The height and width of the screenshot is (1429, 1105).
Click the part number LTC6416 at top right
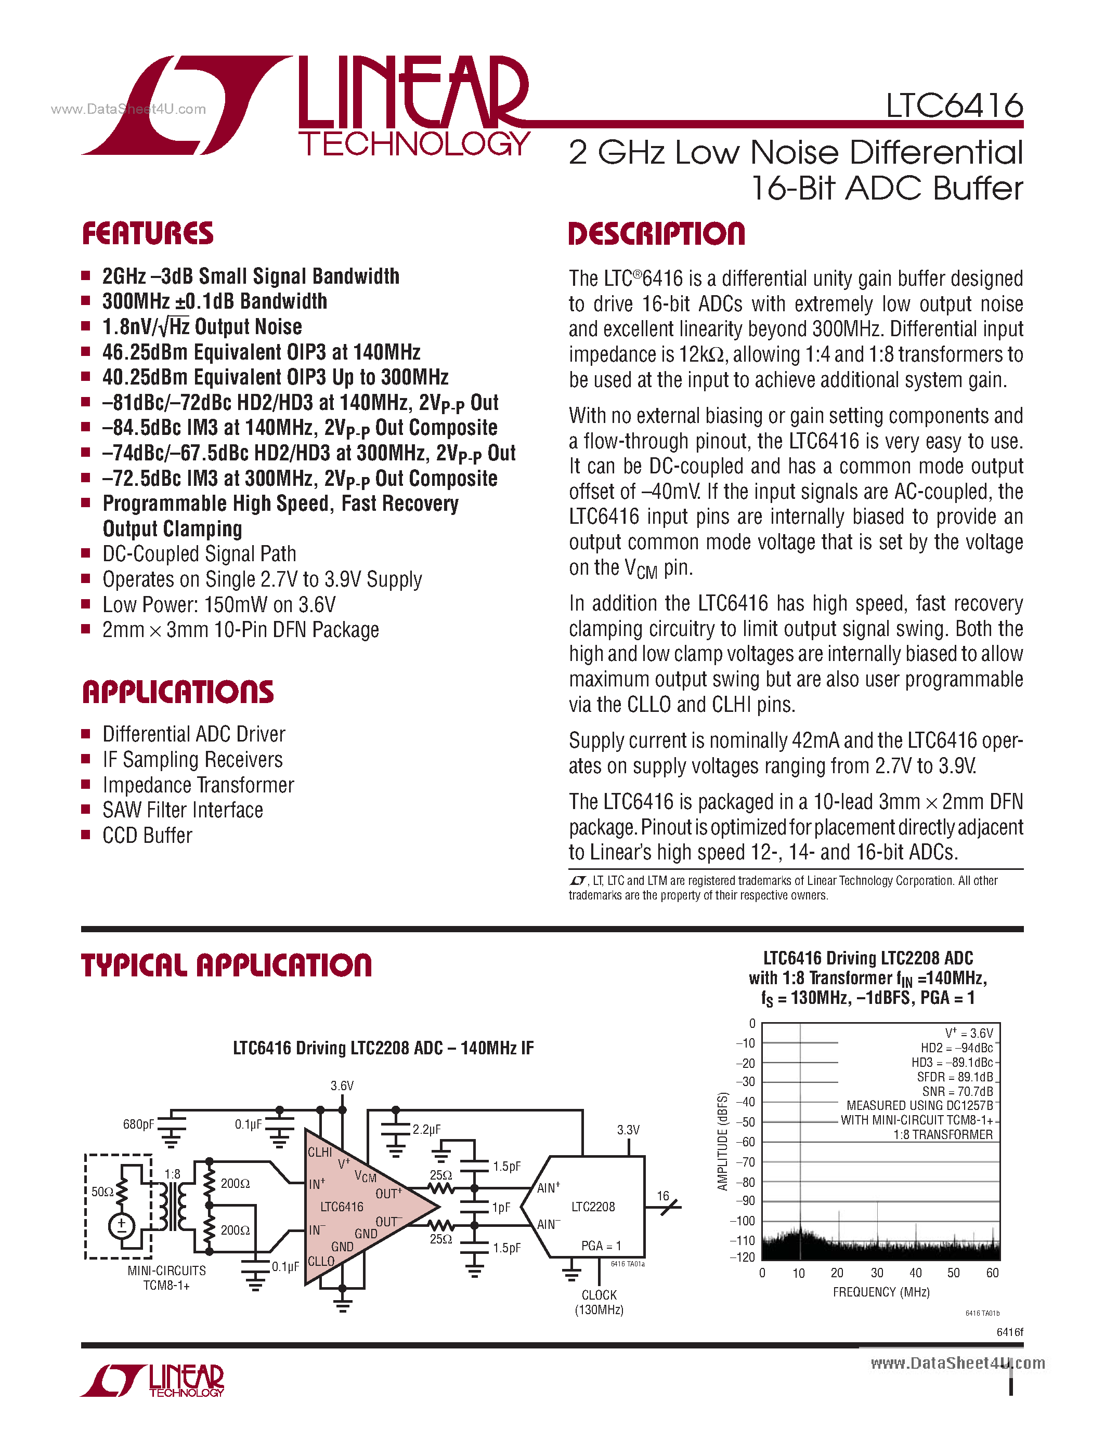[954, 105]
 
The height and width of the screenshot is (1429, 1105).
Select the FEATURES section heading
[148, 234]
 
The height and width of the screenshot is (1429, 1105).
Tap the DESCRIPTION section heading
[657, 234]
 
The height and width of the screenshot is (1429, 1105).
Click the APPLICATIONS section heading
[178, 692]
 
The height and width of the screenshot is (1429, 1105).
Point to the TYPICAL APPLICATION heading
[227, 966]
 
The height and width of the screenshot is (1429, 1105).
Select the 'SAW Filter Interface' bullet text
[183, 810]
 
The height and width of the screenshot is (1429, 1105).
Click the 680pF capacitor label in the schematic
[138, 1124]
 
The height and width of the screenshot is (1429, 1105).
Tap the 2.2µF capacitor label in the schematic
[427, 1129]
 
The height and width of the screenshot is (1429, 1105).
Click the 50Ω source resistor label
[102, 1192]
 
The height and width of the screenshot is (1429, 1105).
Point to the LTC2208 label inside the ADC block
[593, 1207]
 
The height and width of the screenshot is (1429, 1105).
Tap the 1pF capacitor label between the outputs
[501, 1207]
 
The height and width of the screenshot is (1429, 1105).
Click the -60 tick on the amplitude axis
[746, 1142]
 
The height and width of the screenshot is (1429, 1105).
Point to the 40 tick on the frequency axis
[916, 1273]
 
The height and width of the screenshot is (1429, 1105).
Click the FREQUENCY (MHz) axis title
[881, 1292]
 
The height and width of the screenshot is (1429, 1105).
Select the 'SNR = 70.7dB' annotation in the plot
[957, 1091]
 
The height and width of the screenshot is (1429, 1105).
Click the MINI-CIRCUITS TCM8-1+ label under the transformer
[166, 1278]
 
